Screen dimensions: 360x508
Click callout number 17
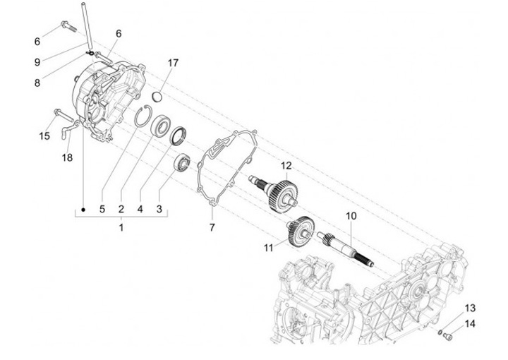173,63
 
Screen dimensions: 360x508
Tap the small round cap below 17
158,97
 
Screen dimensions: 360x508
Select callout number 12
286,166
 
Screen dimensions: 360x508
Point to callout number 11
268,248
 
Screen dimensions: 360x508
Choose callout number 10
351,215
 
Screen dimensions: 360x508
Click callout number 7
211,227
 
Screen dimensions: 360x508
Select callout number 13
470,308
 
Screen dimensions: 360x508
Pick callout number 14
470,324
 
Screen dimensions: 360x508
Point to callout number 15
45,136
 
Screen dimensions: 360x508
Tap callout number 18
67,158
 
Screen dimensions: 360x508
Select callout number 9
37,62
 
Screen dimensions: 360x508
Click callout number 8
37,83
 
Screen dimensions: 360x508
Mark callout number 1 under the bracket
121,227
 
